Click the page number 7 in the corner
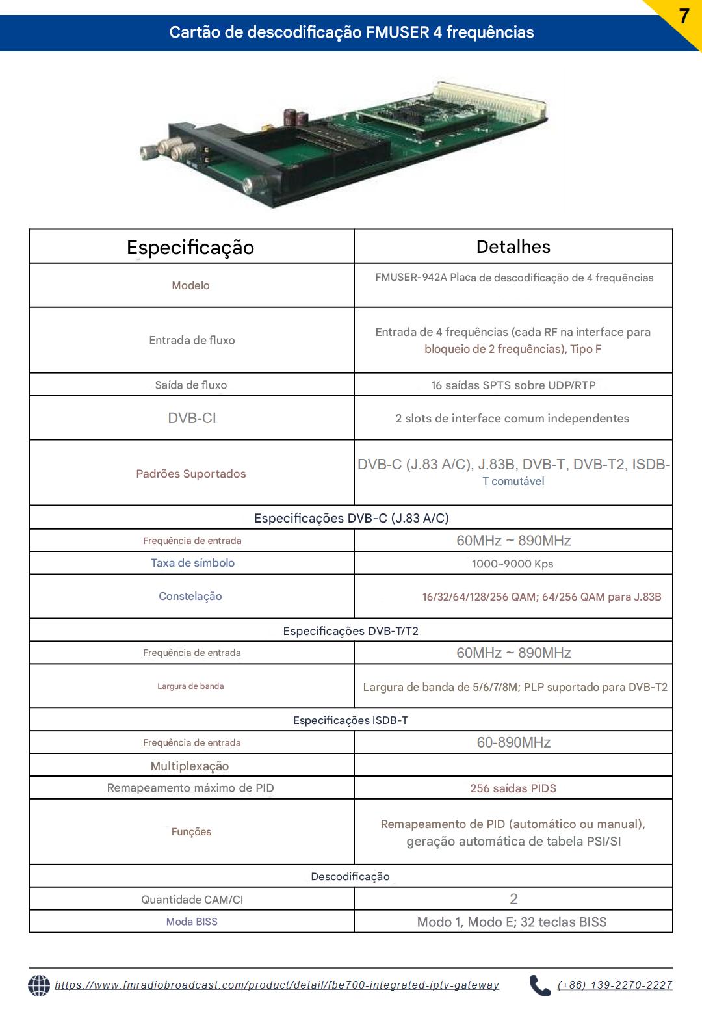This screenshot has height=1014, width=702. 684,16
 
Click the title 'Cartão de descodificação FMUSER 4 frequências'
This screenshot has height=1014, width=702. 351,32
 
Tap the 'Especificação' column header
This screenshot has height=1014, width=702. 190,247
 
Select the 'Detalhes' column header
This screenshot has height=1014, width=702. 513,246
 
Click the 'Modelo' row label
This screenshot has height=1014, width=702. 190,285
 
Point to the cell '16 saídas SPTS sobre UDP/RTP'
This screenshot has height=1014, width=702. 513,385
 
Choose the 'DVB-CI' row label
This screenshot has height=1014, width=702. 192,418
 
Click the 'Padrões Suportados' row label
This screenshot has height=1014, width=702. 191,474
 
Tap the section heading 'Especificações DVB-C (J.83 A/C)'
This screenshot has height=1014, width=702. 351,518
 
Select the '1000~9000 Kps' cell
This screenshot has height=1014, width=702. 512,564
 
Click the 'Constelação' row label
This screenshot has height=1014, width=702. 190,596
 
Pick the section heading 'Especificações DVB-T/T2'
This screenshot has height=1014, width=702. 351,631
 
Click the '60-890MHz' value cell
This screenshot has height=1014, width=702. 513,742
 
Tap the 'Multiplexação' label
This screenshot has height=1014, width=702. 190,766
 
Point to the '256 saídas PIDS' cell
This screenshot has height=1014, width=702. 513,788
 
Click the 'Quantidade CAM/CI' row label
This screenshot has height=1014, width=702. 192,900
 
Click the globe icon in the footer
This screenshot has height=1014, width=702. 39,985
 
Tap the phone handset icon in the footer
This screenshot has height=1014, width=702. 539,985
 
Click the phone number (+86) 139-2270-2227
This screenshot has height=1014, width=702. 615,985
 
